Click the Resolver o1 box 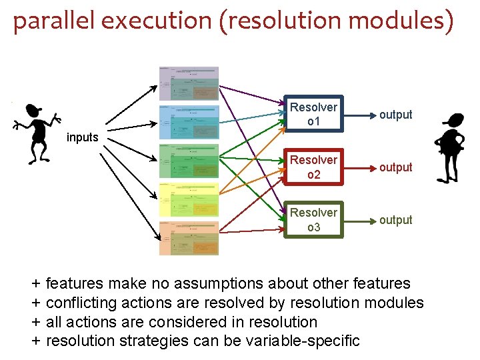point(313,114)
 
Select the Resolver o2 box point(313,167)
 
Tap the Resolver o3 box point(313,219)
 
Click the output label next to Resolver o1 point(396,115)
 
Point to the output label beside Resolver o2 point(396,167)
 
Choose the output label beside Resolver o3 point(396,220)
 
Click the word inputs point(83,137)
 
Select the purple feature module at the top point(189,83)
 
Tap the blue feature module point(189,122)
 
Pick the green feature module point(189,161)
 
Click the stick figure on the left point(36,133)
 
